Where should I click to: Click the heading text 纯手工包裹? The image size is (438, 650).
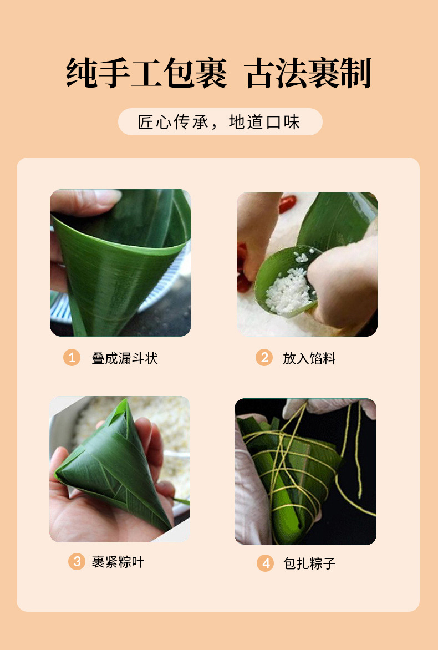pyautogui.click(x=146, y=73)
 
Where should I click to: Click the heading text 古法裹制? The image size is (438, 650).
pyautogui.click(x=308, y=73)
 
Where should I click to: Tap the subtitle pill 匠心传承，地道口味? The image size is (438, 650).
pyautogui.click(x=220, y=122)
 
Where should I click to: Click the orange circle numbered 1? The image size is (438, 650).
pyautogui.click(x=72, y=358)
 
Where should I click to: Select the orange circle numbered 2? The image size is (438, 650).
pyautogui.click(x=264, y=358)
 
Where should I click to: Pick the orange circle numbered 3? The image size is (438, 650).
pyautogui.click(x=77, y=562)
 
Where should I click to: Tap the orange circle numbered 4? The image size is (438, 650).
pyautogui.click(x=265, y=563)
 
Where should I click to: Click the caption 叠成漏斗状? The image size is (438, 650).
pyautogui.click(x=125, y=358)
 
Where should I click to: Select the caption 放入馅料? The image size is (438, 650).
pyautogui.click(x=309, y=358)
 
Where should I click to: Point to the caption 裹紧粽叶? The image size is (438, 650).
pyautogui.click(x=118, y=562)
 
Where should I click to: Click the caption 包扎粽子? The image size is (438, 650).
pyautogui.click(x=309, y=564)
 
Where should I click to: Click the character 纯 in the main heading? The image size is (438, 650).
pyautogui.click(x=83, y=73)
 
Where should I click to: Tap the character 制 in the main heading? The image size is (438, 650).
pyautogui.click(x=355, y=73)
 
